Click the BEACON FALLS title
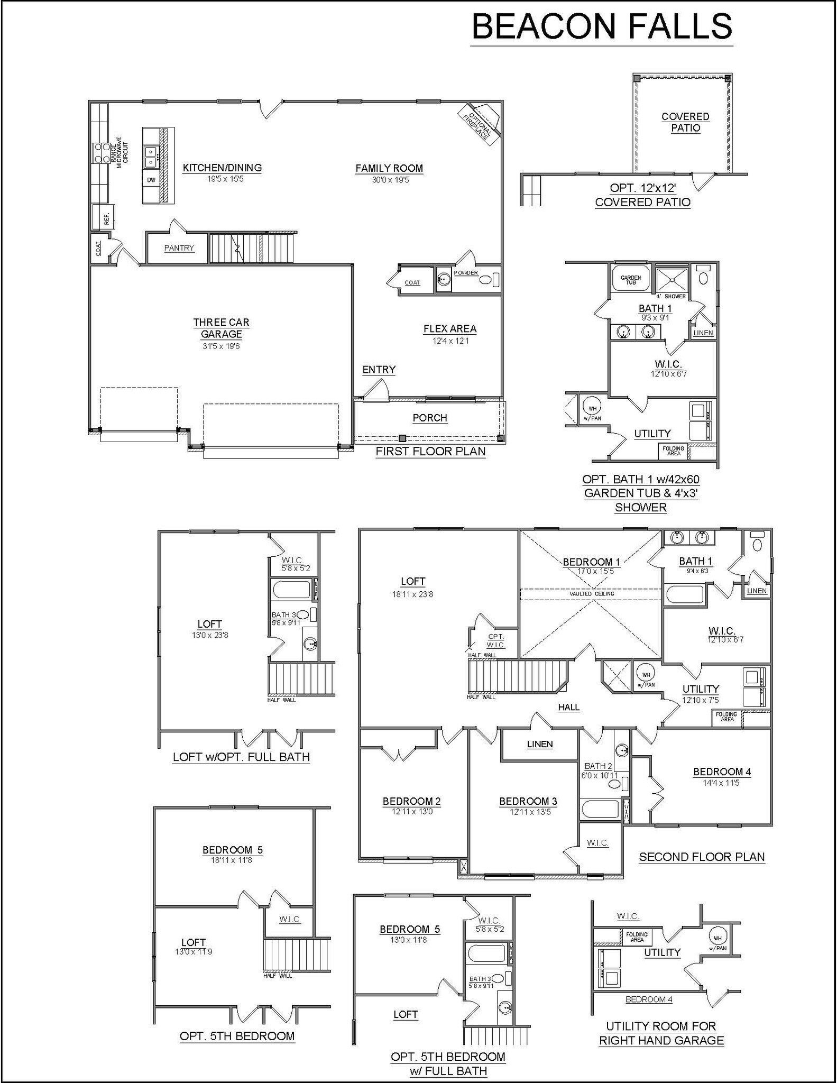[601, 26]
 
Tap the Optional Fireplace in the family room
[479, 124]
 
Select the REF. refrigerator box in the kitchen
[104, 217]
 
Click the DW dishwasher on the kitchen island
[151, 180]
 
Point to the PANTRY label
[179, 248]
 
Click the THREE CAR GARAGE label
[221, 328]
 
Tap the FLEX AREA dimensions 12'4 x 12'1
[450, 341]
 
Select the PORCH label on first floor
[429, 418]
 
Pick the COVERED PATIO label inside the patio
[685, 122]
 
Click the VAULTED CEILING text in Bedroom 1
[591, 594]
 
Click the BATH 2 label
[598, 766]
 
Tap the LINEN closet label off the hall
[539, 744]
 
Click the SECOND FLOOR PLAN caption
[702, 857]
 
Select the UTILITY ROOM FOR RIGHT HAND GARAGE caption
[661, 1033]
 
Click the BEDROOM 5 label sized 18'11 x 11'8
[232, 850]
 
